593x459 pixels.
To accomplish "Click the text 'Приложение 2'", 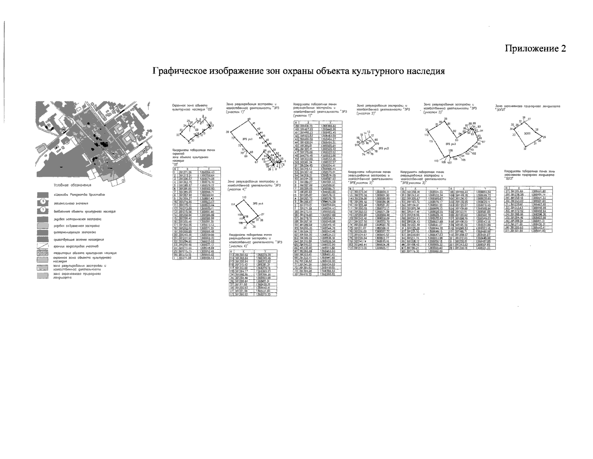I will [x=535, y=49].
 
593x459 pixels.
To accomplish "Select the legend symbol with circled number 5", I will [x=43, y=202].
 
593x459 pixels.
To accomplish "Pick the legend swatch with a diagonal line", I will [x=43, y=246].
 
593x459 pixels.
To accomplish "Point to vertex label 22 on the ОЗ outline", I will [x=178, y=135].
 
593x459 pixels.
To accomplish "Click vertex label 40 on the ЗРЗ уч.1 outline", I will [x=249, y=120].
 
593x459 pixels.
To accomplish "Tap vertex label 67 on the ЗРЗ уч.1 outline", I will [x=256, y=162].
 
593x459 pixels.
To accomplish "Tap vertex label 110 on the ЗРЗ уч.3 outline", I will [x=436, y=160].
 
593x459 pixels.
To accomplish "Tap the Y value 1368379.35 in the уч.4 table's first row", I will [x=263, y=254].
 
